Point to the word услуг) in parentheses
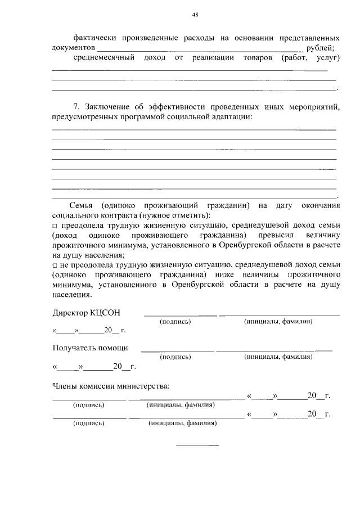325,58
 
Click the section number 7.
77,107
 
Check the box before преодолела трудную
55,226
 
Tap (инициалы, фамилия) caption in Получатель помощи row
278,357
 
